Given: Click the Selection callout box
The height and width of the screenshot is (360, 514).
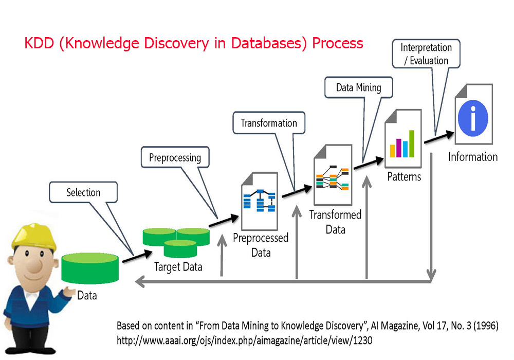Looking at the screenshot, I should (x=83, y=192).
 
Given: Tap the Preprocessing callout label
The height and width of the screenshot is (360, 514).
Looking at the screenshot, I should (x=175, y=157).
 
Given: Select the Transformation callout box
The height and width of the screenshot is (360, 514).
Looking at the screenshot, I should (x=269, y=123).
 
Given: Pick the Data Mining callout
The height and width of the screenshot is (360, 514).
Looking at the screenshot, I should (x=358, y=87).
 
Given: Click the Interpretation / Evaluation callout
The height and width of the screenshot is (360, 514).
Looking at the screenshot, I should (x=426, y=54).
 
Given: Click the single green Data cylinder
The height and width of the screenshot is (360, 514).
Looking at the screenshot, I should (x=90, y=267).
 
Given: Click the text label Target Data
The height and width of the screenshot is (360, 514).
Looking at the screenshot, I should (x=178, y=267).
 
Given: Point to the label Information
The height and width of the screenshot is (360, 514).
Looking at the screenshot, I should (x=473, y=157).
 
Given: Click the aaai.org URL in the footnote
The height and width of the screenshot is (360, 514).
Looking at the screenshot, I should (x=244, y=340).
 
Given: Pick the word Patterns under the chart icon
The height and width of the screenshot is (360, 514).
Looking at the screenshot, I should (x=403, y=176).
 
